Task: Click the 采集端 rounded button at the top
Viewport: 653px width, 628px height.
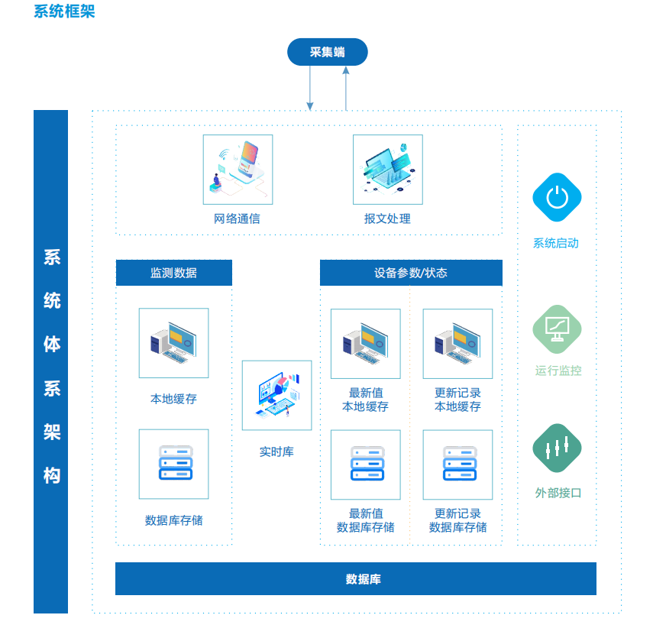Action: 328,52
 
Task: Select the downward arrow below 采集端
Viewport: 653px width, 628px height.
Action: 310,88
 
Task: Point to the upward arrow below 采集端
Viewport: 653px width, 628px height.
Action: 346,89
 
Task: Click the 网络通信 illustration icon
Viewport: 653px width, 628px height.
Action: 238,170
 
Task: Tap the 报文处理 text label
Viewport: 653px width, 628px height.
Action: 387,219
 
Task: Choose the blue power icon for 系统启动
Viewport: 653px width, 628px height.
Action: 557,197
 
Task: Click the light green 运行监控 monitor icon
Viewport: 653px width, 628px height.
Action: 557,329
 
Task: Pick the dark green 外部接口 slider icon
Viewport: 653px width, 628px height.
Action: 557,448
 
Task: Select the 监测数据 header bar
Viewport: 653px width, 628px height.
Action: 174,273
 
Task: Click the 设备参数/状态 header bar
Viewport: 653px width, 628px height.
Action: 411,273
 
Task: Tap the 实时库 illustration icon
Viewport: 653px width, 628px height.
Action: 277,396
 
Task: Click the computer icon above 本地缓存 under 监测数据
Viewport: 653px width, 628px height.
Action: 173,343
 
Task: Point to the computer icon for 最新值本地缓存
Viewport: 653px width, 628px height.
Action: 366,344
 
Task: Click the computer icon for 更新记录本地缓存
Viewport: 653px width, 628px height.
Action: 457,344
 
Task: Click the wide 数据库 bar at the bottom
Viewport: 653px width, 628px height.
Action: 356,579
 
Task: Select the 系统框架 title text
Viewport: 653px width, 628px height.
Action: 65,11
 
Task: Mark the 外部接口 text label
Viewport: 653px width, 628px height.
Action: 558,493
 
